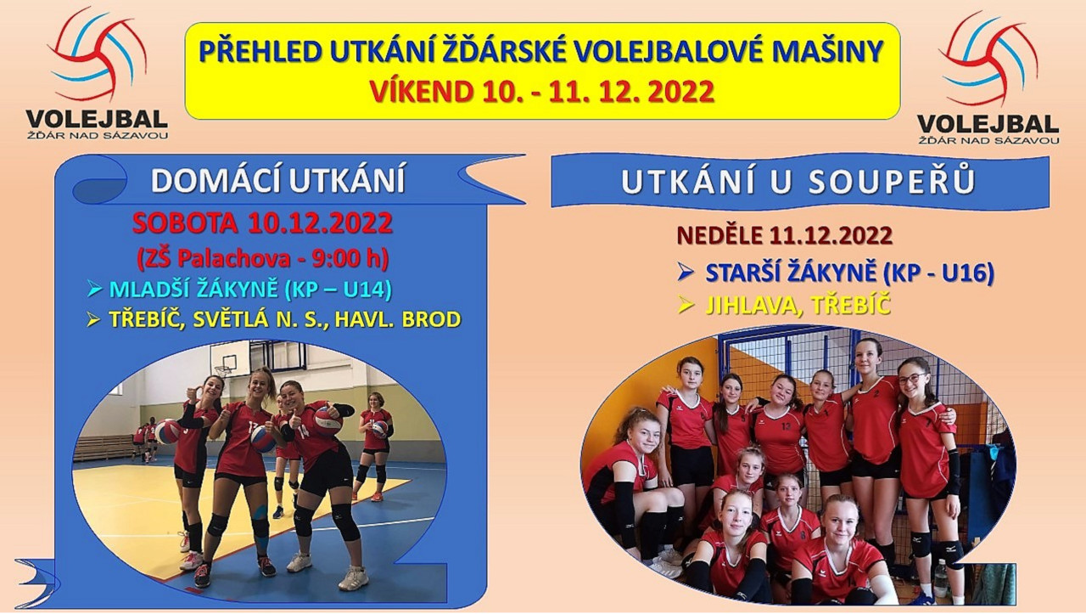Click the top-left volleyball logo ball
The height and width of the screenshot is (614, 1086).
click(x=97, y=54)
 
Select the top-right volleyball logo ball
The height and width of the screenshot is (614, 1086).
click(x=988, y=59)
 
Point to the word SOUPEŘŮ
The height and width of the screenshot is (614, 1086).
click(x=892, y=182)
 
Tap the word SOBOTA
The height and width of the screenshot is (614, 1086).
click(x=185, y=223)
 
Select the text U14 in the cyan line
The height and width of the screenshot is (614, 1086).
click(x=367, y=290)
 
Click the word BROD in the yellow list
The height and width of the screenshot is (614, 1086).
click(x=432, y=319)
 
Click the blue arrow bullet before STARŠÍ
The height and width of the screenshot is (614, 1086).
click(x=686, y=273)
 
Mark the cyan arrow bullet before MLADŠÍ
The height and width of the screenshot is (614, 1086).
click(x=93, y=290)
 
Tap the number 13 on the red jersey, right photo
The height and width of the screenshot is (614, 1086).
click(x=787, y=426)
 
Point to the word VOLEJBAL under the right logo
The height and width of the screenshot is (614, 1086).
click(x=988, y=125)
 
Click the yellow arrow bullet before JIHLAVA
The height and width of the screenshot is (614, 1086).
click(x=686, y=305)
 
